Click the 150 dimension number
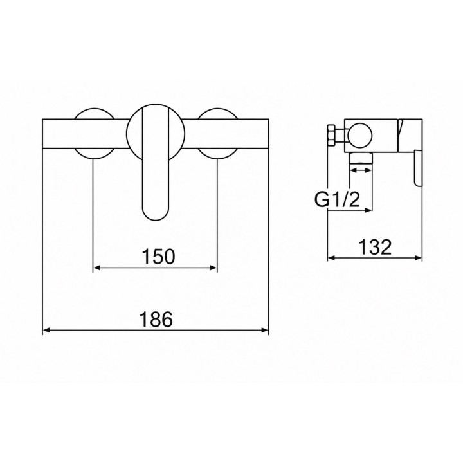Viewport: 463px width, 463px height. [x=159, y=257]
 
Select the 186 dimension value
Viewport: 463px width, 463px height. [x=156, y=320]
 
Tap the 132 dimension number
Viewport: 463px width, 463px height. [x=375, y=247]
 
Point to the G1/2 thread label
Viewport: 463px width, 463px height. [x=337, y=200]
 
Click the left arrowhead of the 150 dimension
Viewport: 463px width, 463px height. [x=97, y=268]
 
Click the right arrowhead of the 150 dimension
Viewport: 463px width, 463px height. [x=213, y=268]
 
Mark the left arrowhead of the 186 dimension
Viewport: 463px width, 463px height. [x=47, y=330]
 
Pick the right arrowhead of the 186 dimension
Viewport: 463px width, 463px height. [x=264, y=330]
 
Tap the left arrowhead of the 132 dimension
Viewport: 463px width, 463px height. [x=332, y=258]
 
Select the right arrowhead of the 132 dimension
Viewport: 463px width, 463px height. [x=418, y=258]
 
